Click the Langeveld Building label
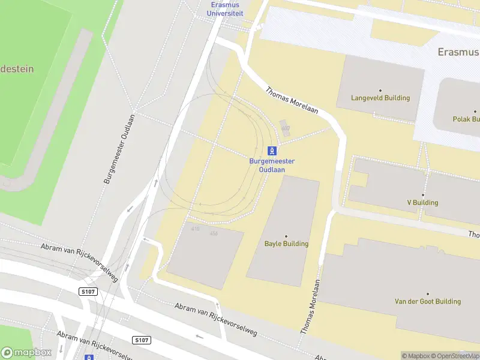coord(380,98)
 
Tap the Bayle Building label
coord(286,244)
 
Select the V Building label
coord(422,203)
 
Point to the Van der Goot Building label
coord(427,301)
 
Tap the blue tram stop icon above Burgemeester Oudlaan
coord(272,151)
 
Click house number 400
coord(285,128)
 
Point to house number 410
coord(195,229)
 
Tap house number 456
coord(213,233)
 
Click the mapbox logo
coord(26,352)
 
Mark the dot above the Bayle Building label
coord(286,236)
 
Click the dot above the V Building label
coord(422,195)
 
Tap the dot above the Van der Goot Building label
coord(427,293)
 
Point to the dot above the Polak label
coord(475,112)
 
